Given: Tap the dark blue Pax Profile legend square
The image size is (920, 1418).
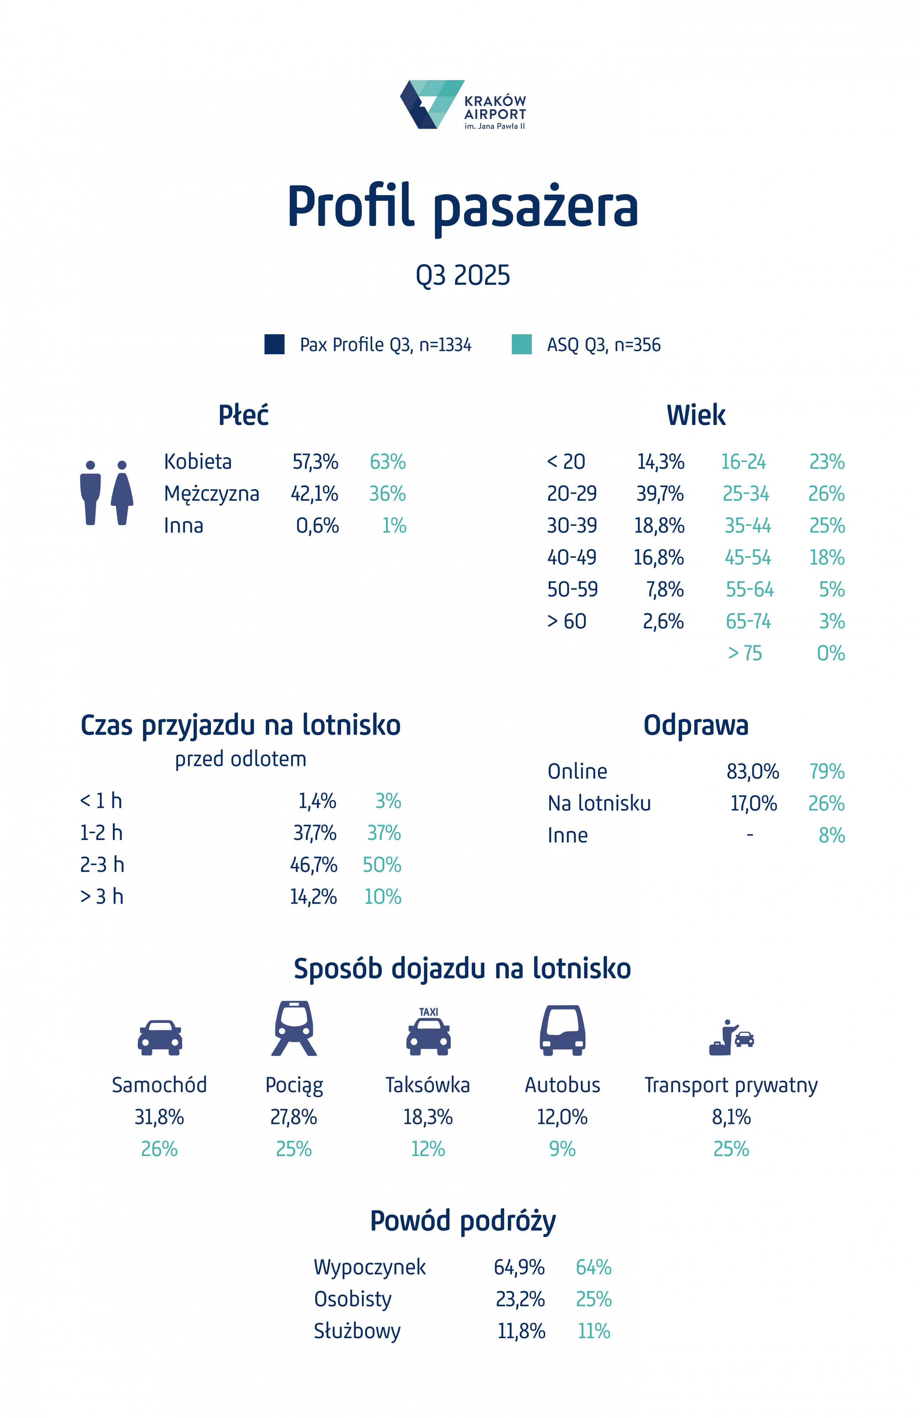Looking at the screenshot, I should (274, 345).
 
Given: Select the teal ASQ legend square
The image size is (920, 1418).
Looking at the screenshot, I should (521, 345).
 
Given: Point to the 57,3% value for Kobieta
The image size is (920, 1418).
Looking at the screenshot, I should (315, 462).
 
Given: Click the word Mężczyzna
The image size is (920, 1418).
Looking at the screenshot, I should (212, 494).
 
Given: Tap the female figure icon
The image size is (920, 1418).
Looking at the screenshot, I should (122, 493).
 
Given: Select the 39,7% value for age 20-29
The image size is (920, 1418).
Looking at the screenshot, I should (659, 494).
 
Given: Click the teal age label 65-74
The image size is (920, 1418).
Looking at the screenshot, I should (748, 622).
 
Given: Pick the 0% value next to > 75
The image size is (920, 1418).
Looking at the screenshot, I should (831, 653).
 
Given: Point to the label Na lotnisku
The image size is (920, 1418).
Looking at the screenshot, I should (599, 804).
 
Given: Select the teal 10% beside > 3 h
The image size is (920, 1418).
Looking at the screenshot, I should (382, 897).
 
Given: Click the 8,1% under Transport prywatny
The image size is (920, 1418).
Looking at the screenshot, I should (731, 1117).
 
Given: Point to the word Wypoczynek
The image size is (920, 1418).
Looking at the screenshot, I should (369, 1267).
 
